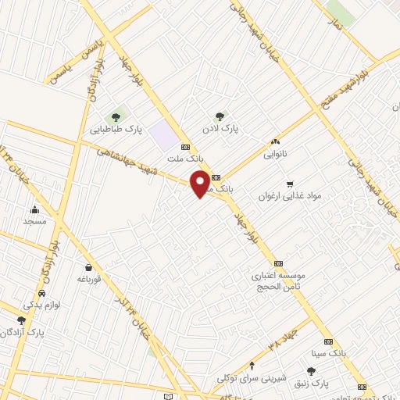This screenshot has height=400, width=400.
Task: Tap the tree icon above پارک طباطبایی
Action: [x=116, y=118]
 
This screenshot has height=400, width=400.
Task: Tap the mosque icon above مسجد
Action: [x=34, y=209]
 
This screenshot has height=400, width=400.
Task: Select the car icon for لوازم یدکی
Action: [x=30, y=294]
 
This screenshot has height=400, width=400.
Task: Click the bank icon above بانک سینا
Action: [x=328, y=341]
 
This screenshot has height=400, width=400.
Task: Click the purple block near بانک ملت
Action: [x=164, y=132]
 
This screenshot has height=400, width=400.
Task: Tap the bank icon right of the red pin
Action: [x=216, y=177]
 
